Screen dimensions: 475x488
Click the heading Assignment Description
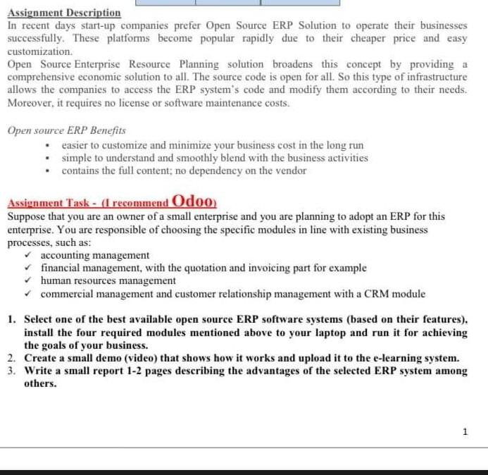tap(64, 13)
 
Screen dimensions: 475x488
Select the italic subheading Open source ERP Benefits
tap(67, 130)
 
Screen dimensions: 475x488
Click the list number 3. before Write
tap(13, 371)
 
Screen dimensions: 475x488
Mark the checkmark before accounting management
tap(28, 255)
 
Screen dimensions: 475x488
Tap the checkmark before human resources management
tap(28, 280)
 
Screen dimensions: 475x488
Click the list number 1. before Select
tap(13, 319)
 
